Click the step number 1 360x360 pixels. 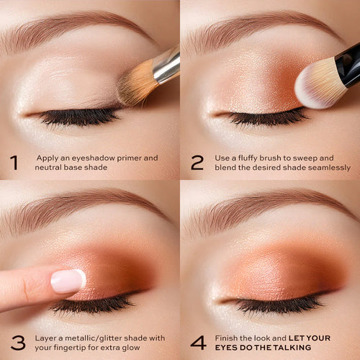[14, 163]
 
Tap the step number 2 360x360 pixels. [197, 163]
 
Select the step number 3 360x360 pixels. [18, 343]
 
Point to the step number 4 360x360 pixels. [198, 343]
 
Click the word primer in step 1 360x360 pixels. [129, 158]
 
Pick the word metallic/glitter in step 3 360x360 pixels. [96, 338]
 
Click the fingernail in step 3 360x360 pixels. [68, 281]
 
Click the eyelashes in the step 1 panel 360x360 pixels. [79, 117]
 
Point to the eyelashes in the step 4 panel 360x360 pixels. [279, 305]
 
